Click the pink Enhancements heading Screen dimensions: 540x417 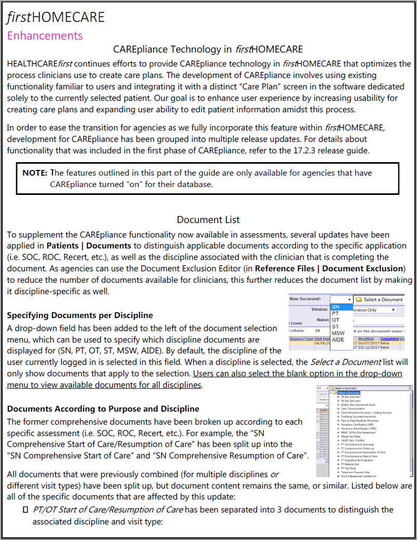(45, 35)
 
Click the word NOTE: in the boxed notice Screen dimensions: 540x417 (35, 173)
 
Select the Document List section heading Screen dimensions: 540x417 (208, 220)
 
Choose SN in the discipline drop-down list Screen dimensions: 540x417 (336, 307)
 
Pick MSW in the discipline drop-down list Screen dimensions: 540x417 (338, 333)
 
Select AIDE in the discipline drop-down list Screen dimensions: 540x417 (338, 339)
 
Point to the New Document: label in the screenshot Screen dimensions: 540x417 (305, 299)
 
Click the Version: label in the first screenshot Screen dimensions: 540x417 (319, 309)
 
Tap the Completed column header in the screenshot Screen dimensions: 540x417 (389, 338)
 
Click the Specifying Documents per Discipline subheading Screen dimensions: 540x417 (80, 315)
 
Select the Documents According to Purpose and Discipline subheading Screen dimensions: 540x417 (103, 409)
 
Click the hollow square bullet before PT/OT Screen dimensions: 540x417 (24, 510)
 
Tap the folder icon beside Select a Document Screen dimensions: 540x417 (359, 299)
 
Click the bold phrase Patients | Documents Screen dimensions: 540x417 (89, 245)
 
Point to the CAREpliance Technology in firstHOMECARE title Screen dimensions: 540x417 (208, 50)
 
